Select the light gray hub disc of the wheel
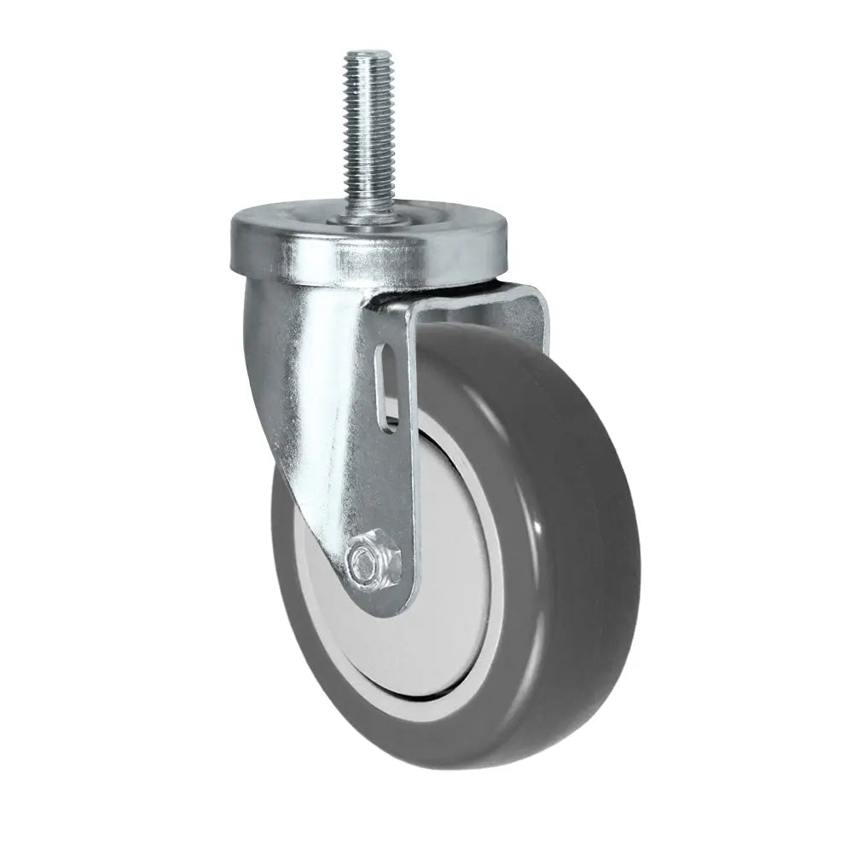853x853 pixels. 444,554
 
